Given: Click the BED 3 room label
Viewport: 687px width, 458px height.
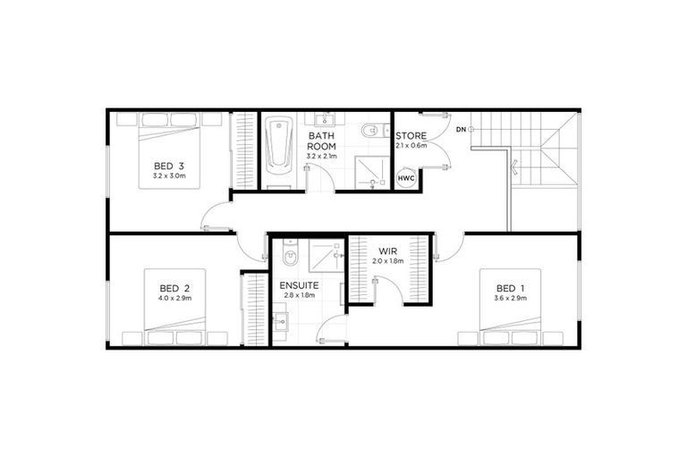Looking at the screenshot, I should tap(168, 165).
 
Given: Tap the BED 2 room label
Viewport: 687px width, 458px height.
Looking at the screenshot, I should tap(174, 287).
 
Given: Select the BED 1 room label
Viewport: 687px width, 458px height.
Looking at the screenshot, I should tap(510, 287).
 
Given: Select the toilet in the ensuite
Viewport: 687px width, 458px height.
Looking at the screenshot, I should tap(286, 256).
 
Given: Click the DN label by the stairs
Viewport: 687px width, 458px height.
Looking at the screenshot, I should tap(461, 131).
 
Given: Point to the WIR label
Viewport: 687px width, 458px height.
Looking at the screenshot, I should tap(387, 250).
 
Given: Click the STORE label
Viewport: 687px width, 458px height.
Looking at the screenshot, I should tap(411, 136).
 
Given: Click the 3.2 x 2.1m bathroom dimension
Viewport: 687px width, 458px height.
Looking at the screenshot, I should tap(321, 157).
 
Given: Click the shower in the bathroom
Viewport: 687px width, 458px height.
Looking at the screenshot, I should tap(367, 171).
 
